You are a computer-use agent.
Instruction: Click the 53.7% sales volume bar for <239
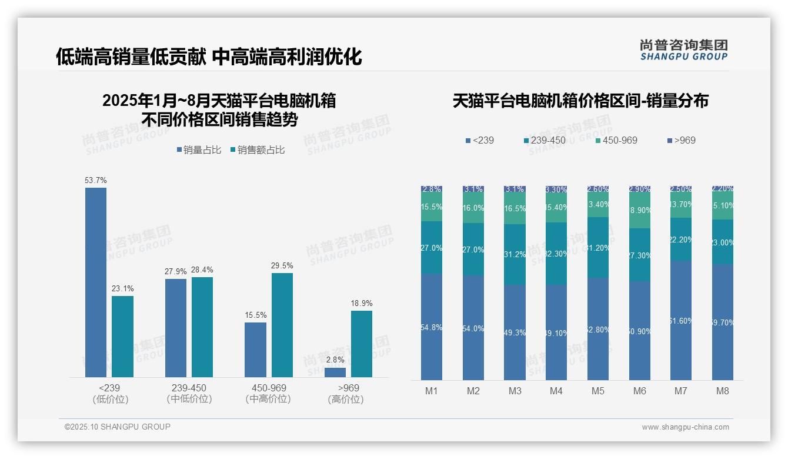(96, 282)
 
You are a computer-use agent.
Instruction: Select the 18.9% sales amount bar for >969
(362, 344)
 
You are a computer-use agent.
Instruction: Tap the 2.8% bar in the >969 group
(335, 372)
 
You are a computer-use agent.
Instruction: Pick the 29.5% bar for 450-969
(282, 325)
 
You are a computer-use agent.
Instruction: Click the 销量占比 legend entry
(199, 150)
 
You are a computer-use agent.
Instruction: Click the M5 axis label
(598, 391)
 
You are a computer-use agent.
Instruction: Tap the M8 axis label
(723, 391)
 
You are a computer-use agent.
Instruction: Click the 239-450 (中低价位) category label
(189, 394)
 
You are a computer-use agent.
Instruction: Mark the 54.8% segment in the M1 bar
(432, 327)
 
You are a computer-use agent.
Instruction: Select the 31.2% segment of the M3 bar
(515, 254)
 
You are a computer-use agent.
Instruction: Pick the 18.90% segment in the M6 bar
(640, 210)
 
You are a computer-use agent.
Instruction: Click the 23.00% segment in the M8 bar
(723, 242)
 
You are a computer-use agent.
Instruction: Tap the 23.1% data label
(122, 288)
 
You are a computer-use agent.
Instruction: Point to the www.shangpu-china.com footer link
(685, 427)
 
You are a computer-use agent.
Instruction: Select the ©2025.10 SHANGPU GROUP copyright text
(118, 427)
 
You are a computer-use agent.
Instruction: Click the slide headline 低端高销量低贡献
(131, 57)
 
